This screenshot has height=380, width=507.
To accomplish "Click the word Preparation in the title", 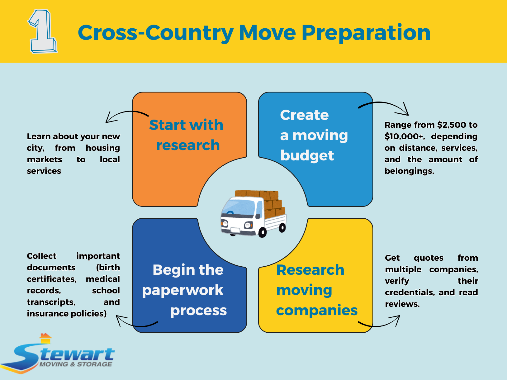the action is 366,33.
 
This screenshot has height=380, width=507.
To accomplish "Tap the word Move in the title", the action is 267,32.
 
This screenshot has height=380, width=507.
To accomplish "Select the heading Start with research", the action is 187,135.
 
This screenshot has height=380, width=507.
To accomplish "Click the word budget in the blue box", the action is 307,155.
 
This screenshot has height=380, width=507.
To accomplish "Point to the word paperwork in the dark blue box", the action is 183,290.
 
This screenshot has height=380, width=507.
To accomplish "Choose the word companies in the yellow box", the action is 317,310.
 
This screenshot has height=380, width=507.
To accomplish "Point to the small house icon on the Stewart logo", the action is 45,338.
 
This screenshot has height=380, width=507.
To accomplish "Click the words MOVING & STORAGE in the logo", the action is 76,364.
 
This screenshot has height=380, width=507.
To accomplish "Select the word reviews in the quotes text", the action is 402,304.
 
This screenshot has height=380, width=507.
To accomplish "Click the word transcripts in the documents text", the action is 51,302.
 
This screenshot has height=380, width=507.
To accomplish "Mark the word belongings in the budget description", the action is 409,171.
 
